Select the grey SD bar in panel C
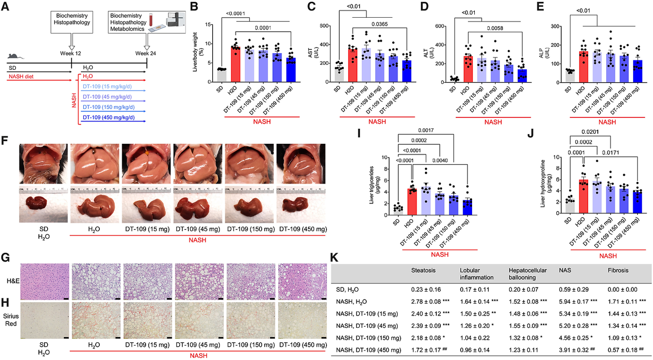(x=337, y=74)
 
